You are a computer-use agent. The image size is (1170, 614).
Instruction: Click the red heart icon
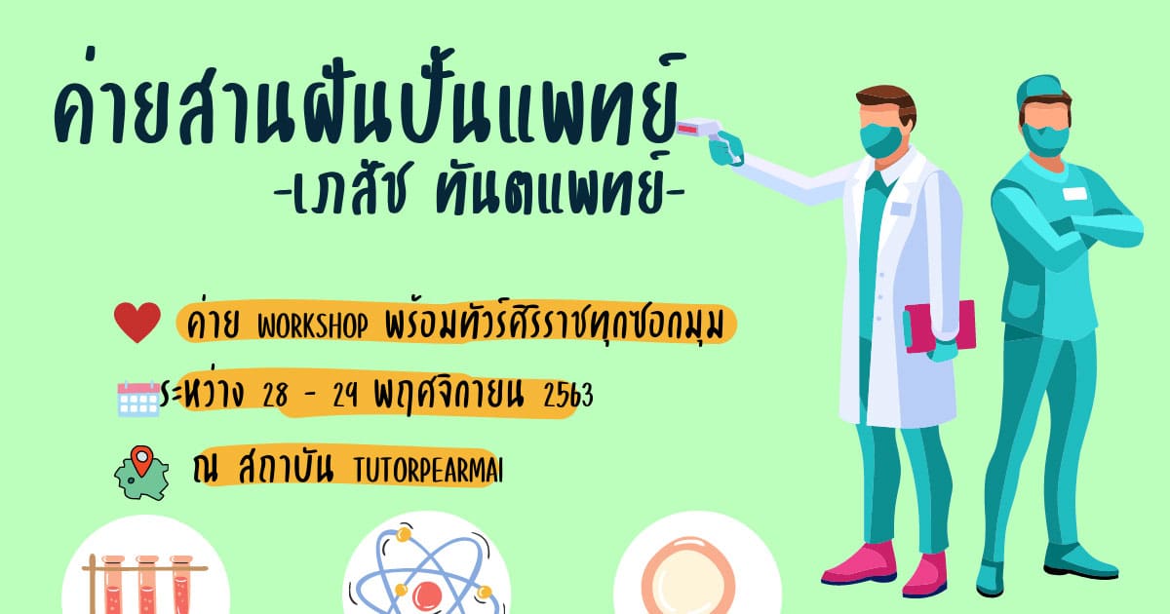pyautogui.click(x=137, y=322)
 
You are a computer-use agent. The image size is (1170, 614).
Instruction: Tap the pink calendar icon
pyautogui.click(x=138, y=399)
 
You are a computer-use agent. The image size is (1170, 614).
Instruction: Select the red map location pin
pyautogui.click(x=141, y=460)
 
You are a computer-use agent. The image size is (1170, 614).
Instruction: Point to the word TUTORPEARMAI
pyautogui.click(x=428, y=471)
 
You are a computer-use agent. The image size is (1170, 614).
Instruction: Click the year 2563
pyautogui.click(x=568, y=396)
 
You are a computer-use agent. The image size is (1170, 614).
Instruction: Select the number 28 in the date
pyautogui.click(x=275, y=396)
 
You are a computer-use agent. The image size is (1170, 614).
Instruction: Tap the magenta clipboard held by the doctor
pyautogui.click(x=940, y=326)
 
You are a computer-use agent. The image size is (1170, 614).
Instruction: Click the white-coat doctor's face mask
pyautogui.click(x=881, y=140)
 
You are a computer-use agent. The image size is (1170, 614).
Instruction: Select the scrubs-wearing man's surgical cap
pyautogui.click(x=1038, y=90)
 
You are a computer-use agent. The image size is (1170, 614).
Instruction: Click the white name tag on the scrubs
pyautogui.click(x=1074, y=194)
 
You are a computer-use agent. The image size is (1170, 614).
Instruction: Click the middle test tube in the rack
pyautogui.click(x=147, y=584)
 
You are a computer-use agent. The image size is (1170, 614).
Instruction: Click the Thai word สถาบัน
pyautogui.click(x=286, y=468)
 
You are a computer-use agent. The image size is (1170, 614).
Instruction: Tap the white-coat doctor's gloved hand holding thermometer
pyautogui.click(x=726, y=150)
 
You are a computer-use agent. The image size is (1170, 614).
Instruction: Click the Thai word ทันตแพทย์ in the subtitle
pyautogui.click(x=552, y=187)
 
